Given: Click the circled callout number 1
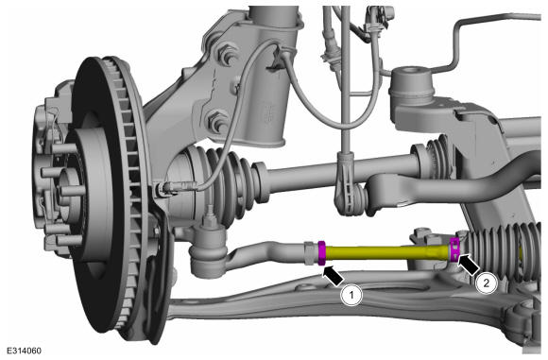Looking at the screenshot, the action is pos(351,295).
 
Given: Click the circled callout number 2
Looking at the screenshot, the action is pos(487,283).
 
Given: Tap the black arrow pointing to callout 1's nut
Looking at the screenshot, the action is pos(334,275).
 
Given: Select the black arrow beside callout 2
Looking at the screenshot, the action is pos(468,264).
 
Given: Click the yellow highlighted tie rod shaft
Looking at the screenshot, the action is pos(387,252).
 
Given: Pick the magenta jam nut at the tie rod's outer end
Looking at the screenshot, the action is pos(321,253).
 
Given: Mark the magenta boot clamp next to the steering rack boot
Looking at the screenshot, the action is pos(454,249).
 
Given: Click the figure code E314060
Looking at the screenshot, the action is pos(24,351).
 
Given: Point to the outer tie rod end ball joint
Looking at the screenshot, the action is pos(208,249).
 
